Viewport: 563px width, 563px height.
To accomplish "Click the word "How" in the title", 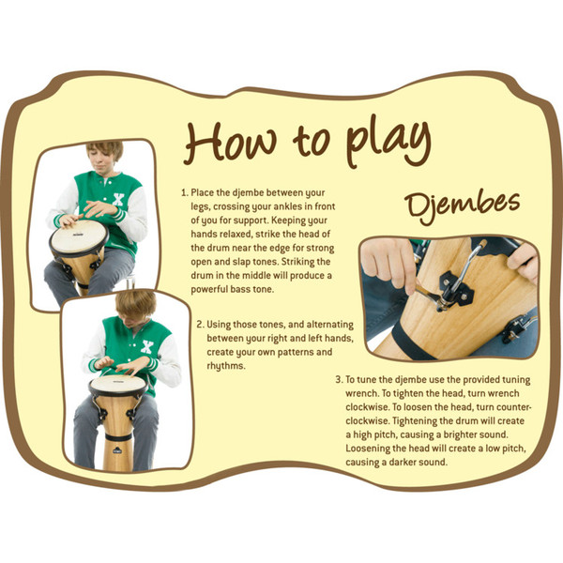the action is click(x=231, y=143).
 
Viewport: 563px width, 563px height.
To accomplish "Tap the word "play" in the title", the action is click(x=388, y=144).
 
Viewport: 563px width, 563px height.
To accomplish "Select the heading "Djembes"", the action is click(x=463, y=206).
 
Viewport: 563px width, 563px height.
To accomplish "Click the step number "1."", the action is click(x=185, y=192).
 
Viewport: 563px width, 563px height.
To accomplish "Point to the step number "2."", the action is click(x=201, y=325).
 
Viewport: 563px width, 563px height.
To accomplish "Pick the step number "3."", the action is click(x=340, y=380).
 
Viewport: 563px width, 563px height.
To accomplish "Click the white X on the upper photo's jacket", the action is click(x=118, y=199).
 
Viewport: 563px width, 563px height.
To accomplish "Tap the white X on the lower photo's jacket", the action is click(x=147, y=347).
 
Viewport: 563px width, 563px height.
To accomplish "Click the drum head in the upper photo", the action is click(x=79, y=236).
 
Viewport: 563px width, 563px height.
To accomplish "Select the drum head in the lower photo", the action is click(x=118, y=385).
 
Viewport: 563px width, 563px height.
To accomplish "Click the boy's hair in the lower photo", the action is click(x=135, y=304).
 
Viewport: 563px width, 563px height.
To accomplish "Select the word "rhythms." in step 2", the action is click(x=226, y=366).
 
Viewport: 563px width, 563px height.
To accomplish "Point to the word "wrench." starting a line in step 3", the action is click(x=362, y=394).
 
